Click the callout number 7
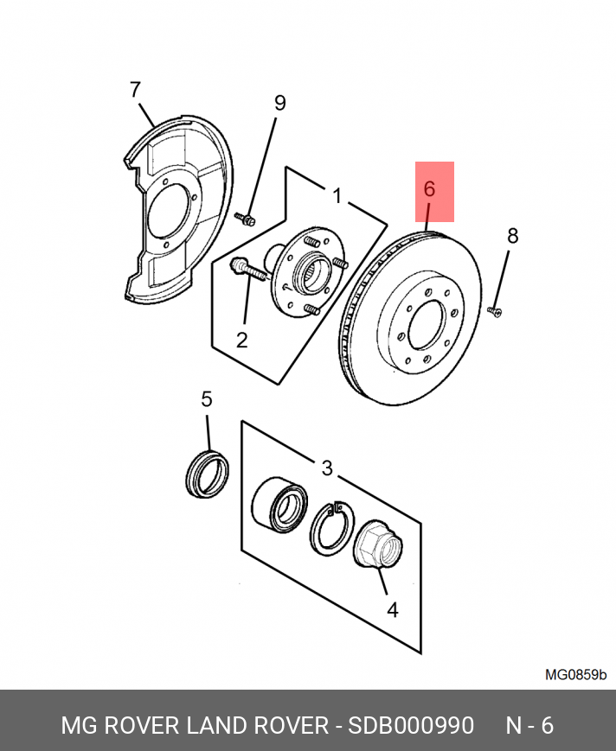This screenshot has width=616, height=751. [x=134, y=89]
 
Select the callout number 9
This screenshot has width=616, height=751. [x=279, y=103]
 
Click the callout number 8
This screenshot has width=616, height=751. [x=512, y=235]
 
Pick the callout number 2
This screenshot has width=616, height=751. [x=241, y=339]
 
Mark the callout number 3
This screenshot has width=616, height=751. [x=326, y=468]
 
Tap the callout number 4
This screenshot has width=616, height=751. [x=392, y=610]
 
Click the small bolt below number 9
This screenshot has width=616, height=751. [x=246, y=220]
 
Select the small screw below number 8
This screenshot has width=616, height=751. [x=495, y=310]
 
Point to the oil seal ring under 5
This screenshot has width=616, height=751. [x=208, y=473]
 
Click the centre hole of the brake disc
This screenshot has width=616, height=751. [x=427, y=323]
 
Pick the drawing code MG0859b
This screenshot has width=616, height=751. [x=575, y=674]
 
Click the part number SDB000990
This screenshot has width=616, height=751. [x=411, y=725]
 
